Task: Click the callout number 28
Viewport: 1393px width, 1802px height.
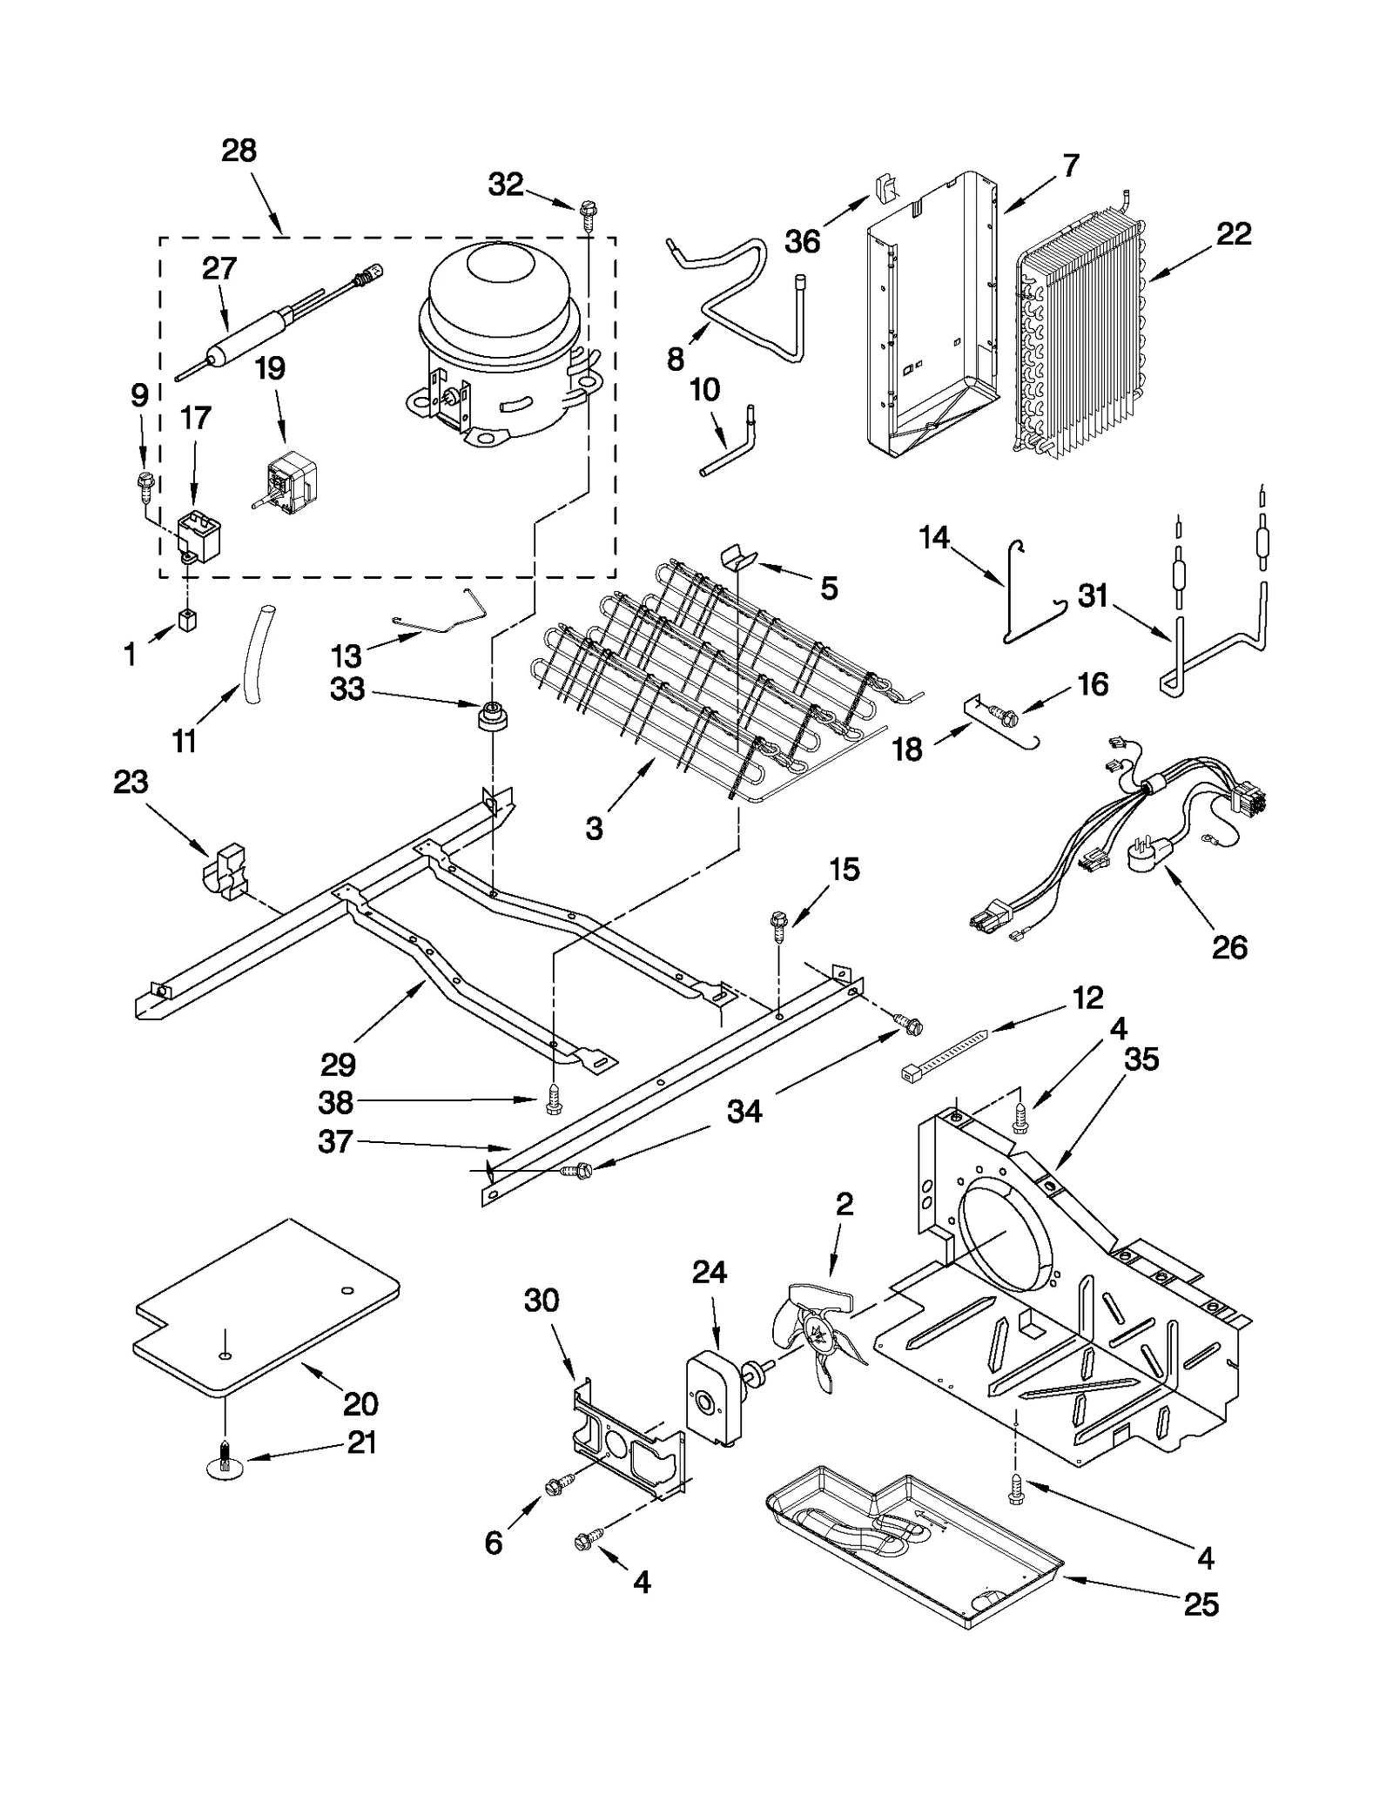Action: (239, 151)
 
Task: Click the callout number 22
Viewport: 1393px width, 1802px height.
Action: (1233, 233)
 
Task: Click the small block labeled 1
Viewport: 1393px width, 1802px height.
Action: (187, 620)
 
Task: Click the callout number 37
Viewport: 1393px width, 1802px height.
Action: (335, 1141)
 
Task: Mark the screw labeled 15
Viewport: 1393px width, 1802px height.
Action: (780, 924)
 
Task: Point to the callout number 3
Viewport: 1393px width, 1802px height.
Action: (594, 829)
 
